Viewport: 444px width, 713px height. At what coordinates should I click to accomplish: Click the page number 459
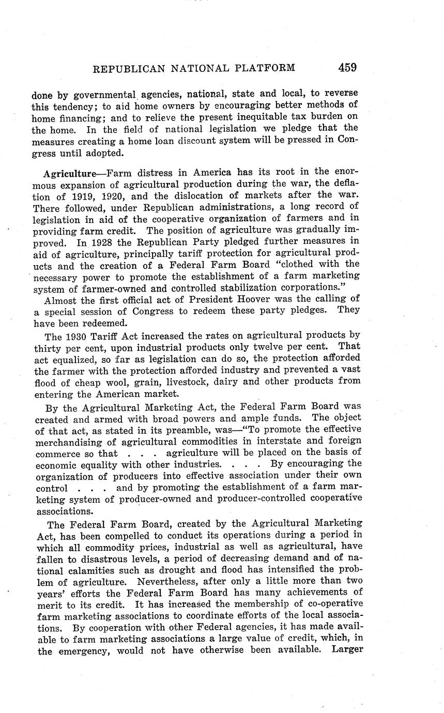(347, 68)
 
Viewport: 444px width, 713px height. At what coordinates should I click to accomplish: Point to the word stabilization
(236, 287)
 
